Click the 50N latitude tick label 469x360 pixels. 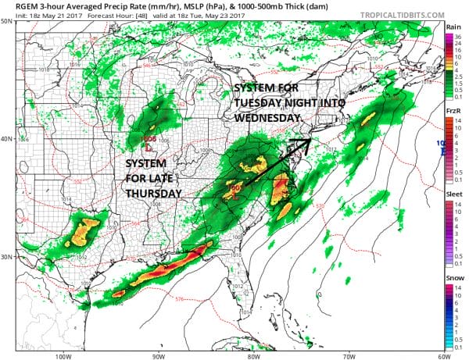[x=7, y=22]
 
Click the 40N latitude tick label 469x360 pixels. [x=7, y=139]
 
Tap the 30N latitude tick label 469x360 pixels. [x=7, y=257]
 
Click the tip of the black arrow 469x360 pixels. [x=311, y=141]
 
